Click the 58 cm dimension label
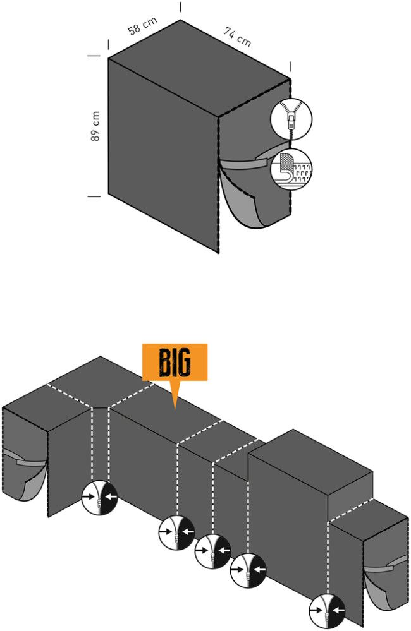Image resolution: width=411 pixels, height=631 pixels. pos(143,26)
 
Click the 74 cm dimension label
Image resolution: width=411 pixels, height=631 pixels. pos(238,37)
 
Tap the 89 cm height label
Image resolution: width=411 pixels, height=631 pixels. pos(95,126)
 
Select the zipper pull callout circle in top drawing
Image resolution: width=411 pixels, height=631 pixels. pos(291,119)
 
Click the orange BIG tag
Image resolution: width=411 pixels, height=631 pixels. pos(175,362)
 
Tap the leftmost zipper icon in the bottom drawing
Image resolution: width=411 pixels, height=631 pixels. pos(99,498)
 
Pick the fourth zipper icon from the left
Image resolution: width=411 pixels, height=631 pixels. pos(248,570)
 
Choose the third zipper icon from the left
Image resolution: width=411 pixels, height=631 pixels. pos(212,551)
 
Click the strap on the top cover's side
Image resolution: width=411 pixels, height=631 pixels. pos(246,160)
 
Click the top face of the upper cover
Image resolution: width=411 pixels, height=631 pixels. pos(199,68)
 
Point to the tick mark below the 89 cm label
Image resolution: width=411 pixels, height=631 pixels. pos(94,196)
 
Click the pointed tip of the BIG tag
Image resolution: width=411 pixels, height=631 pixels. pos(175,409)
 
